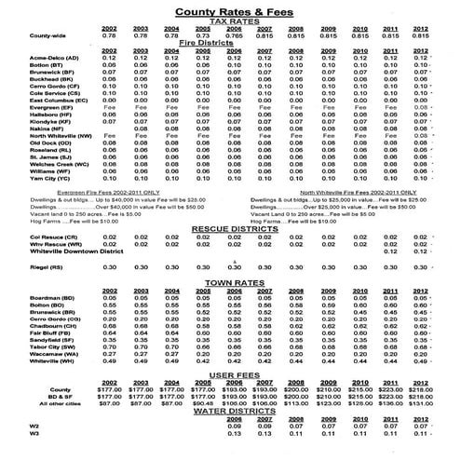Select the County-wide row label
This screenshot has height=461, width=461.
point(48,35)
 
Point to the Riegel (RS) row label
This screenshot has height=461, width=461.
point(45,267)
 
